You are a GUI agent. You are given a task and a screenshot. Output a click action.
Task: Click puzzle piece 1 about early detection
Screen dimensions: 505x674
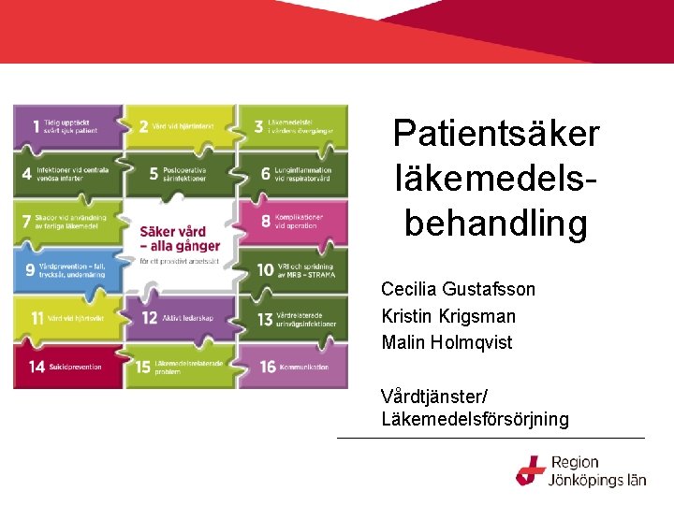[67, 126]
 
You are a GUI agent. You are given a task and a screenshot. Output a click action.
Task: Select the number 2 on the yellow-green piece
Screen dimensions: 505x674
[143, 126]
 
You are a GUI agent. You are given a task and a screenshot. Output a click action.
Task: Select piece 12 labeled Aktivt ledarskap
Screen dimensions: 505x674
[180, 318]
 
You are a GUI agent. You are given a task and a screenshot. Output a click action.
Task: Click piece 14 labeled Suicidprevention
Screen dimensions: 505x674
[67, 367]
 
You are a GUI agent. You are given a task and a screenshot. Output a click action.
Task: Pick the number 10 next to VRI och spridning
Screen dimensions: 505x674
[266, 269]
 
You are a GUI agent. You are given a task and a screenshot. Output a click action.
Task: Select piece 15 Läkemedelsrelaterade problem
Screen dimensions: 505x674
[180, 368]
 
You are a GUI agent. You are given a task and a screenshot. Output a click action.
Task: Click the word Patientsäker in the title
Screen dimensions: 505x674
[496, 134]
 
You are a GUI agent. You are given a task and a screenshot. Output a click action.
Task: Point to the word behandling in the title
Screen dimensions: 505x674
[496, 224]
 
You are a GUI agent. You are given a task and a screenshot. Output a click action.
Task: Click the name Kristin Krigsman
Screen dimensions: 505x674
[448, 316]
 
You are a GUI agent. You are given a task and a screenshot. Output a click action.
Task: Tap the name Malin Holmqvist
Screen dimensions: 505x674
[447, 342]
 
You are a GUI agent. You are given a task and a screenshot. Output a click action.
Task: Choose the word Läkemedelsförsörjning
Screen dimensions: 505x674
[475, 419]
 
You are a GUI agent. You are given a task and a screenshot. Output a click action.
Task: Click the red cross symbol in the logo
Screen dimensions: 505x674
[531, 470]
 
